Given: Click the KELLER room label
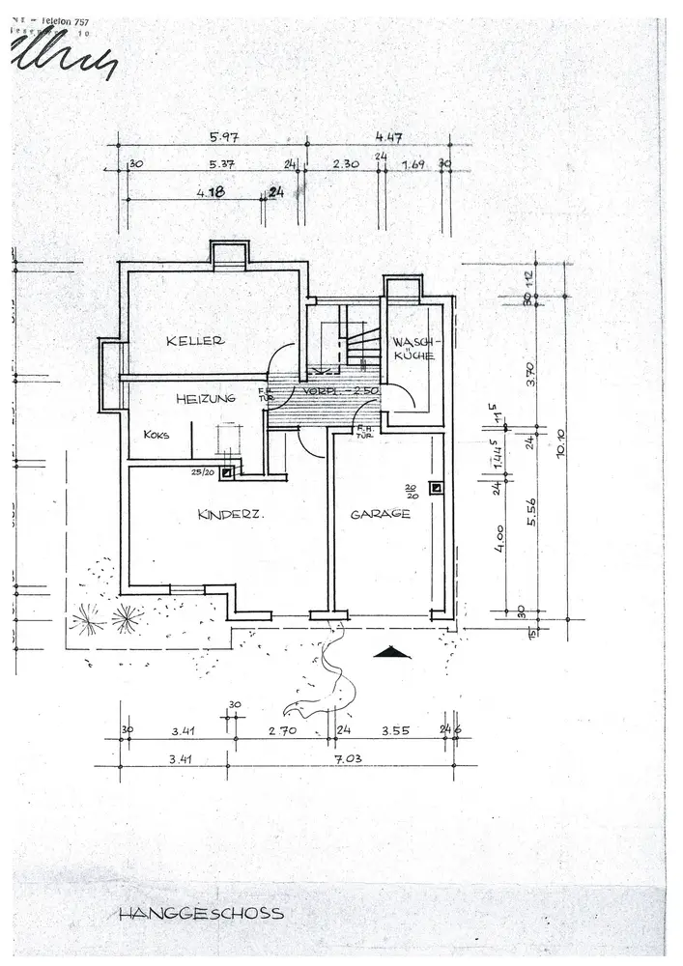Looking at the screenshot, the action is coord(195,341).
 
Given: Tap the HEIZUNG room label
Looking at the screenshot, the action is coord(206,398).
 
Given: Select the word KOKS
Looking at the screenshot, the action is coord(157,435).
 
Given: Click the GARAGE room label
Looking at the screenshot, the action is coord(381,514).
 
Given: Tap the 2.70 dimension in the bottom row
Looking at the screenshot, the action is coord(283,731).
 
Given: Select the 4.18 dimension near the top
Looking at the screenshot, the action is coord(211,192).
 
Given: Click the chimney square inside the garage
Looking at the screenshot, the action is coord(437,488).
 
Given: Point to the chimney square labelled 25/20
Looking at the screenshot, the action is coord(227,473).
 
